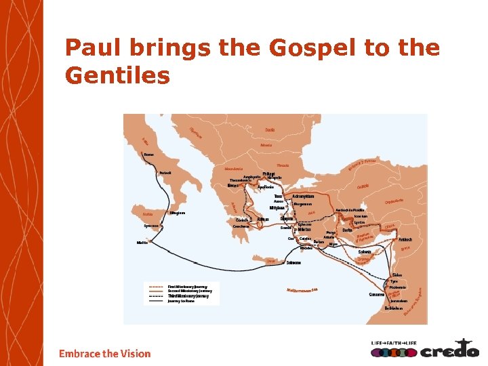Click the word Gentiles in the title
[x=117, y=75]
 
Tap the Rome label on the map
[x=149, y=155]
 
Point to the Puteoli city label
[x=165, y=173]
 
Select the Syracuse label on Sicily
[x=152, y=226]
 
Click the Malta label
[x=142, y=242]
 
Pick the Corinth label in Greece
[x=242, y=220]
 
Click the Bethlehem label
[x=394, y=308]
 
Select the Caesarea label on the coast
[x=377, y=294]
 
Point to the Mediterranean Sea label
[x=302, y=290]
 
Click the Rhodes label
[x=306, y=248]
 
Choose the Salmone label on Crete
[x=293, y=262]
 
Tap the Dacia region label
[x=270, y=129]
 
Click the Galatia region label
[x=363, y=187]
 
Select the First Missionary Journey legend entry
[x=188, y=287]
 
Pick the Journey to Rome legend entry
[x=181, y=301]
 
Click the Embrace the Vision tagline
[x=105, y=353]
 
